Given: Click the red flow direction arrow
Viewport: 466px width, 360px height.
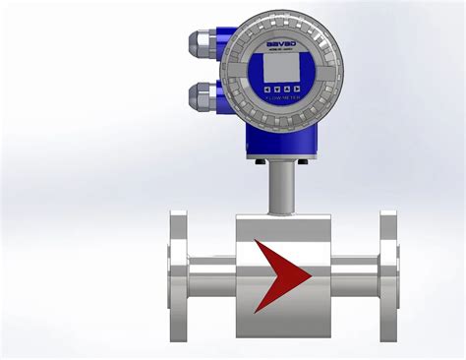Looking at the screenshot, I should point(280,274).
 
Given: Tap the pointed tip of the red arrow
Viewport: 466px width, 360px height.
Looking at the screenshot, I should point(311,274).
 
